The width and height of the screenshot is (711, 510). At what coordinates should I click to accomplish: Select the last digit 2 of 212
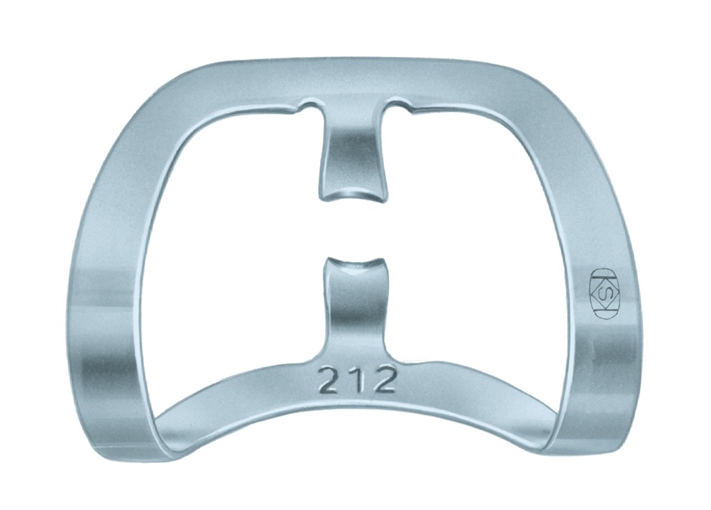(384, 381)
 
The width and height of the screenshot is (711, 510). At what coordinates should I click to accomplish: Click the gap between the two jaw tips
(353, 229)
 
